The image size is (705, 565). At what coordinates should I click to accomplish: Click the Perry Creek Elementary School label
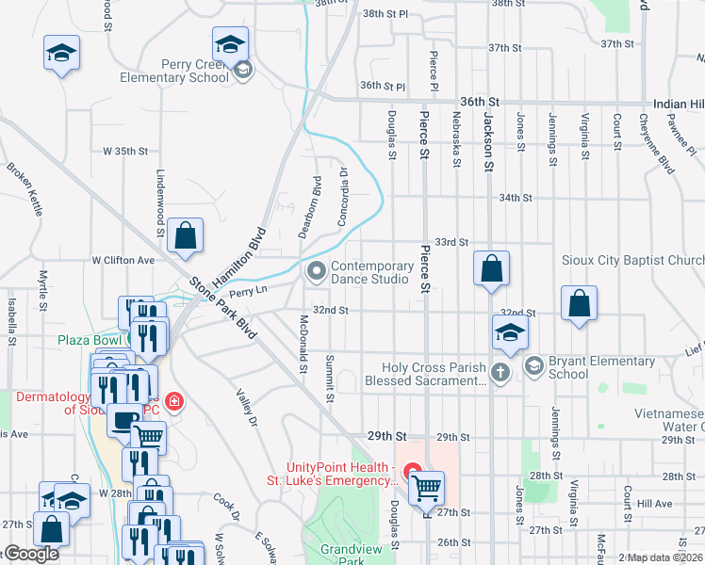click(175, 71)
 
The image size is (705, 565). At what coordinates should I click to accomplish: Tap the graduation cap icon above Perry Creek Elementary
click(229, 43)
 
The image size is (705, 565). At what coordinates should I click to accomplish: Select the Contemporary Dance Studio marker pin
click(317, 272)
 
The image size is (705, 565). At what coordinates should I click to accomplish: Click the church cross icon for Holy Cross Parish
click(500, 372)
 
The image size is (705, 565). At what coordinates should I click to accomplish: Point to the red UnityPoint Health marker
click(411, 472)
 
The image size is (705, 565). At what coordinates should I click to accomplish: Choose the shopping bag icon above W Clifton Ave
click(187, 236)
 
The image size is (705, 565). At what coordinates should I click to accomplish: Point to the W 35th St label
click(126, 151)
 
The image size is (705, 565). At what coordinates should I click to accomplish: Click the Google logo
click(31, 554)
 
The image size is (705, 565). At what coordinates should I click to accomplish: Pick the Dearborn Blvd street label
click(318, 199)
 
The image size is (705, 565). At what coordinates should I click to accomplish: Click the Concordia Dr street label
click(343, 197)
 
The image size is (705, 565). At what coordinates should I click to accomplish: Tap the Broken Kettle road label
click(25, 189)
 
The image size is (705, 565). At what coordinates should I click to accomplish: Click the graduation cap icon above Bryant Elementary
click(509, 332)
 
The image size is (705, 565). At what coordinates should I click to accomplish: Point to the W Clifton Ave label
click(123, 260)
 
